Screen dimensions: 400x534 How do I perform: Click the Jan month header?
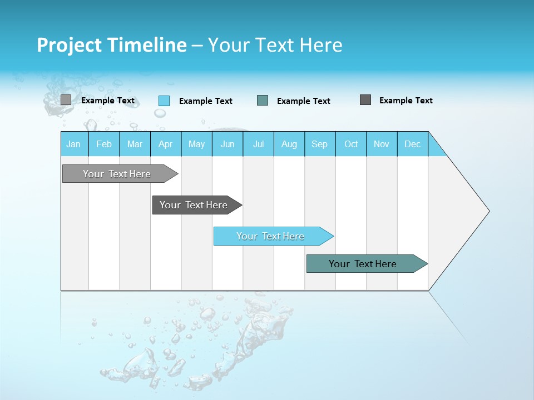click(74, 144)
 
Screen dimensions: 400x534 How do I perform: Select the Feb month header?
click(104, 144)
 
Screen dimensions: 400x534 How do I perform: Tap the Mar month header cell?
click(135, 144)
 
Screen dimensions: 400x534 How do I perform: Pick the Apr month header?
click(166, 144)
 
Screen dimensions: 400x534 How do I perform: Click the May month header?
click(196, 144)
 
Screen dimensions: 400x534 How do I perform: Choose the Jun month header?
click(228, 144)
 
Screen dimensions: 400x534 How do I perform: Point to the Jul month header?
click(258, 144)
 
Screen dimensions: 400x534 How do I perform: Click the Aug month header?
click(289, 144)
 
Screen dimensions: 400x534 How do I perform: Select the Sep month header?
click(320, 144)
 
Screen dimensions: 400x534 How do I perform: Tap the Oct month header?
click(351, 144)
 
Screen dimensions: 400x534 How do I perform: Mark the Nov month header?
click(382, 144)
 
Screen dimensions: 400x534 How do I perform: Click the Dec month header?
click(413, 144)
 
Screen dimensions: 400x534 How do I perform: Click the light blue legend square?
click(164, 101)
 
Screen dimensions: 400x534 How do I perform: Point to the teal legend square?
click(263, 101)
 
